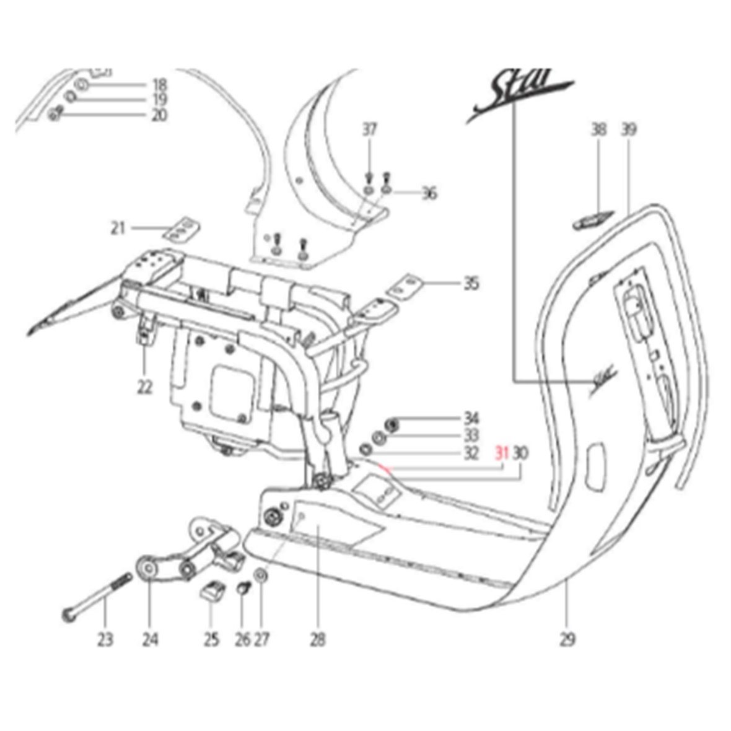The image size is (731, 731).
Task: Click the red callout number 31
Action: (501, 453)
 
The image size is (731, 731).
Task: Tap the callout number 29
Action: (567, 639)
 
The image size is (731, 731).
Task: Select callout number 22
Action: (144, 387)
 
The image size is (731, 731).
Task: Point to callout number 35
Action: (471, 284)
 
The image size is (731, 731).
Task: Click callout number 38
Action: (598, 130)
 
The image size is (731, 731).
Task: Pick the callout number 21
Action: (118, 229)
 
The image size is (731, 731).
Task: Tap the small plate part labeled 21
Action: (181, 228)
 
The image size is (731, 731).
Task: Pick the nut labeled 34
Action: (391, 424)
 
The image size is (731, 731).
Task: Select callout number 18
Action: (159, 85)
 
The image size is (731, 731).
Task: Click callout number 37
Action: (370, 130)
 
